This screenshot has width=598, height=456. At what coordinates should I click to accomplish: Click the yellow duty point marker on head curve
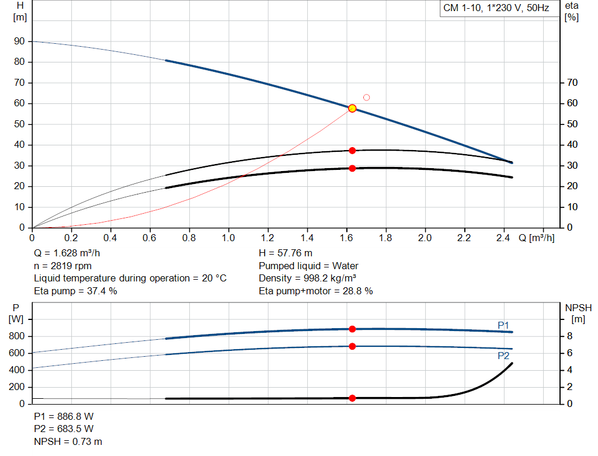coord(352,108)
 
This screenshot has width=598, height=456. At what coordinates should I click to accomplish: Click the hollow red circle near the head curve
coord(367,98)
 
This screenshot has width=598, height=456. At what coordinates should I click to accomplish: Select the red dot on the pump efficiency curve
coord(352,151)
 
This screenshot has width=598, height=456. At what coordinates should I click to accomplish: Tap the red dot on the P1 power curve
coord(352,329)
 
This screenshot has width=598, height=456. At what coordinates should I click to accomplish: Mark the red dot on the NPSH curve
coord(352,398)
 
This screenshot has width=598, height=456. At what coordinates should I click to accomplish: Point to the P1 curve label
coord(503,325)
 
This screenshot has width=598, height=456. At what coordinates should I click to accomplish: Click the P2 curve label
coord(503,355)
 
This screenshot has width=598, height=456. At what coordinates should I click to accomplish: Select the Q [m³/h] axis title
coord(536,238)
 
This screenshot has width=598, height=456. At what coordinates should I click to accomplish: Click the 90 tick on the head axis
coord(20,41)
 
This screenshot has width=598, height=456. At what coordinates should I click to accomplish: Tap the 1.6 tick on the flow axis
coord(347,238)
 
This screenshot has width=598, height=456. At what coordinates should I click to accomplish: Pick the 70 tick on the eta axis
coord(572,83)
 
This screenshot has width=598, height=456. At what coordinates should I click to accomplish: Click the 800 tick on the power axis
coord(18,336)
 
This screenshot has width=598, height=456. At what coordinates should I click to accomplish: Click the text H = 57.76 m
coord(286,253)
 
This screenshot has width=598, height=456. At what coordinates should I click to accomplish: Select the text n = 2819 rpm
coord(63,266)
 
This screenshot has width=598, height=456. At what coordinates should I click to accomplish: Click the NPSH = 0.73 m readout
coord(68,441)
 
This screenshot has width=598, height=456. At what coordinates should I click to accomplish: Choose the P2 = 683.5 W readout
coord(63,429)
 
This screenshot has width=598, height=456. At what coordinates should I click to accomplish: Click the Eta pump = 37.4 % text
coord(75,291)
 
